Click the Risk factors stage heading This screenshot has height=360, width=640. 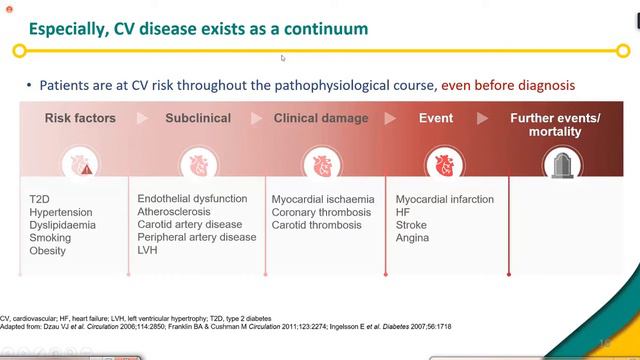click(80, 118)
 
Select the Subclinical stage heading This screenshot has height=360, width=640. click(197, 118)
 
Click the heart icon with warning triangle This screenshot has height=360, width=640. click(80, 164)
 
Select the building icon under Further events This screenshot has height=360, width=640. click(555, 164)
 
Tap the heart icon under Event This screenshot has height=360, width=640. click(440, 164)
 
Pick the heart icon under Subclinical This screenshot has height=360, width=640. click(197, 164)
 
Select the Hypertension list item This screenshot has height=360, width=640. click(60, 213)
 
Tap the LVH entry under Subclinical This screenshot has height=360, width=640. click(149, 250)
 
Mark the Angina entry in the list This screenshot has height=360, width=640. click(413, 239)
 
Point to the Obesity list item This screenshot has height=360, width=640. click(48, 251)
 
